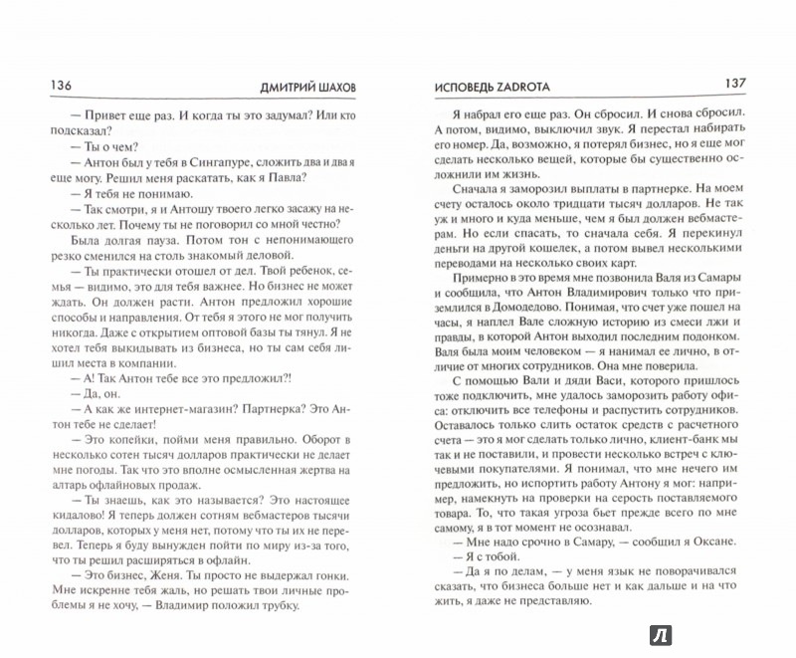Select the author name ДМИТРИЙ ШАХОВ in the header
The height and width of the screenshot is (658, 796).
(x=311, y=87)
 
